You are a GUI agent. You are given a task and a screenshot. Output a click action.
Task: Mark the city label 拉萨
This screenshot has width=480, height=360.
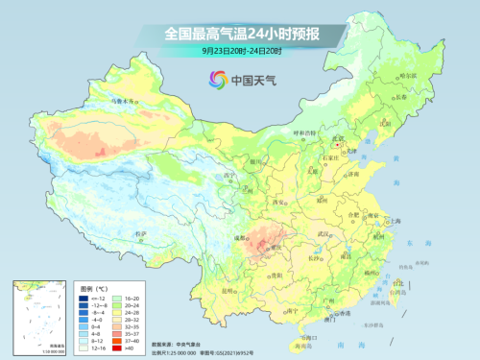click(143, 233)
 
